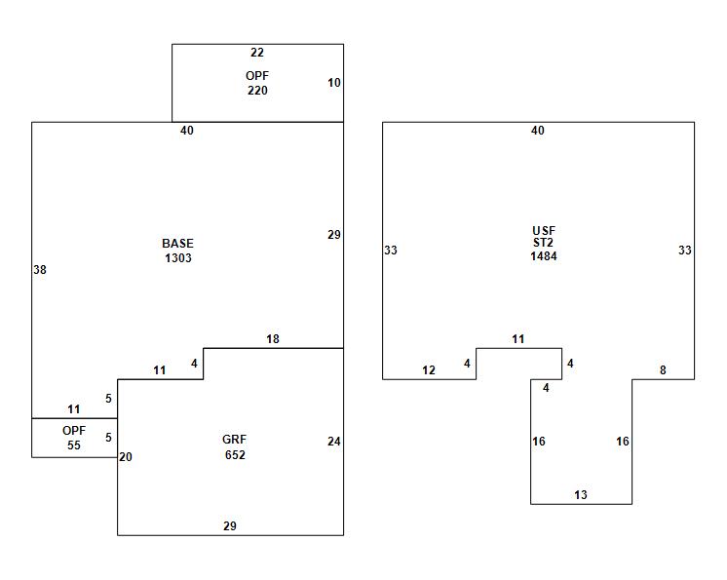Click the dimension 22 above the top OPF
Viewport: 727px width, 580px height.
click(x=257, y=53)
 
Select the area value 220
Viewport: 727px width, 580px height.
click(x=257, y=91)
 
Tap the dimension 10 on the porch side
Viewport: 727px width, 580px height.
click(x=334, y=83)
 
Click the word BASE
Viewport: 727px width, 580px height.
click(x=177, y=244)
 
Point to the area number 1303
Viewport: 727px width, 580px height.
click(x=177, y=258)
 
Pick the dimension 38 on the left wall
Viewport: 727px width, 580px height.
click(x=40, y=270)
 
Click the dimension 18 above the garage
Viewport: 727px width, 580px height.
click(x=273, y=339)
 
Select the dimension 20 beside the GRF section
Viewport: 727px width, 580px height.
click(x=126, y=456)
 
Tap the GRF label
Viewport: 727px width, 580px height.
click(x=234, y=440)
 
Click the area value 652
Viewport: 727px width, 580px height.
click(x=234, y=454)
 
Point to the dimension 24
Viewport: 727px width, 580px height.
click(x=334, y=442)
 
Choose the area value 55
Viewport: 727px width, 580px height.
click(x=74, y=445)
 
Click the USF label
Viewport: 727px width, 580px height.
click(x=544, y=231)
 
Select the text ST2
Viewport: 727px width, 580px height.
click(x=544, y=244)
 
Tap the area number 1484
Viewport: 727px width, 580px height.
click(x=544, y=256)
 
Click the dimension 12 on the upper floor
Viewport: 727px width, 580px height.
click(x=429, y=370)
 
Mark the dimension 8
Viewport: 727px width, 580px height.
click(x=663, y=370)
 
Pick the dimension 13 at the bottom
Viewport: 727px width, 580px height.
click(x=581, y=495)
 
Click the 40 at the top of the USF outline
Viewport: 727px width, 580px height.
click(x=538, y=131)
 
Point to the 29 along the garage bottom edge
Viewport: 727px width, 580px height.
click(x=230, y=526)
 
